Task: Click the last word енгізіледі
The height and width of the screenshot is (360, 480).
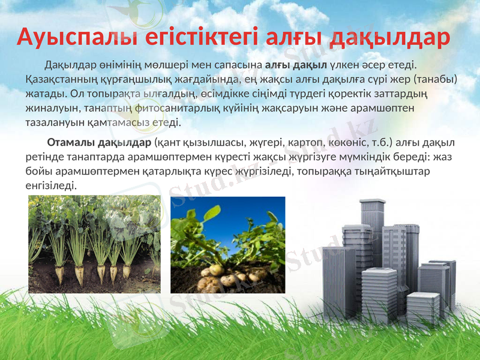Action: click(x=51, y=186)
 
